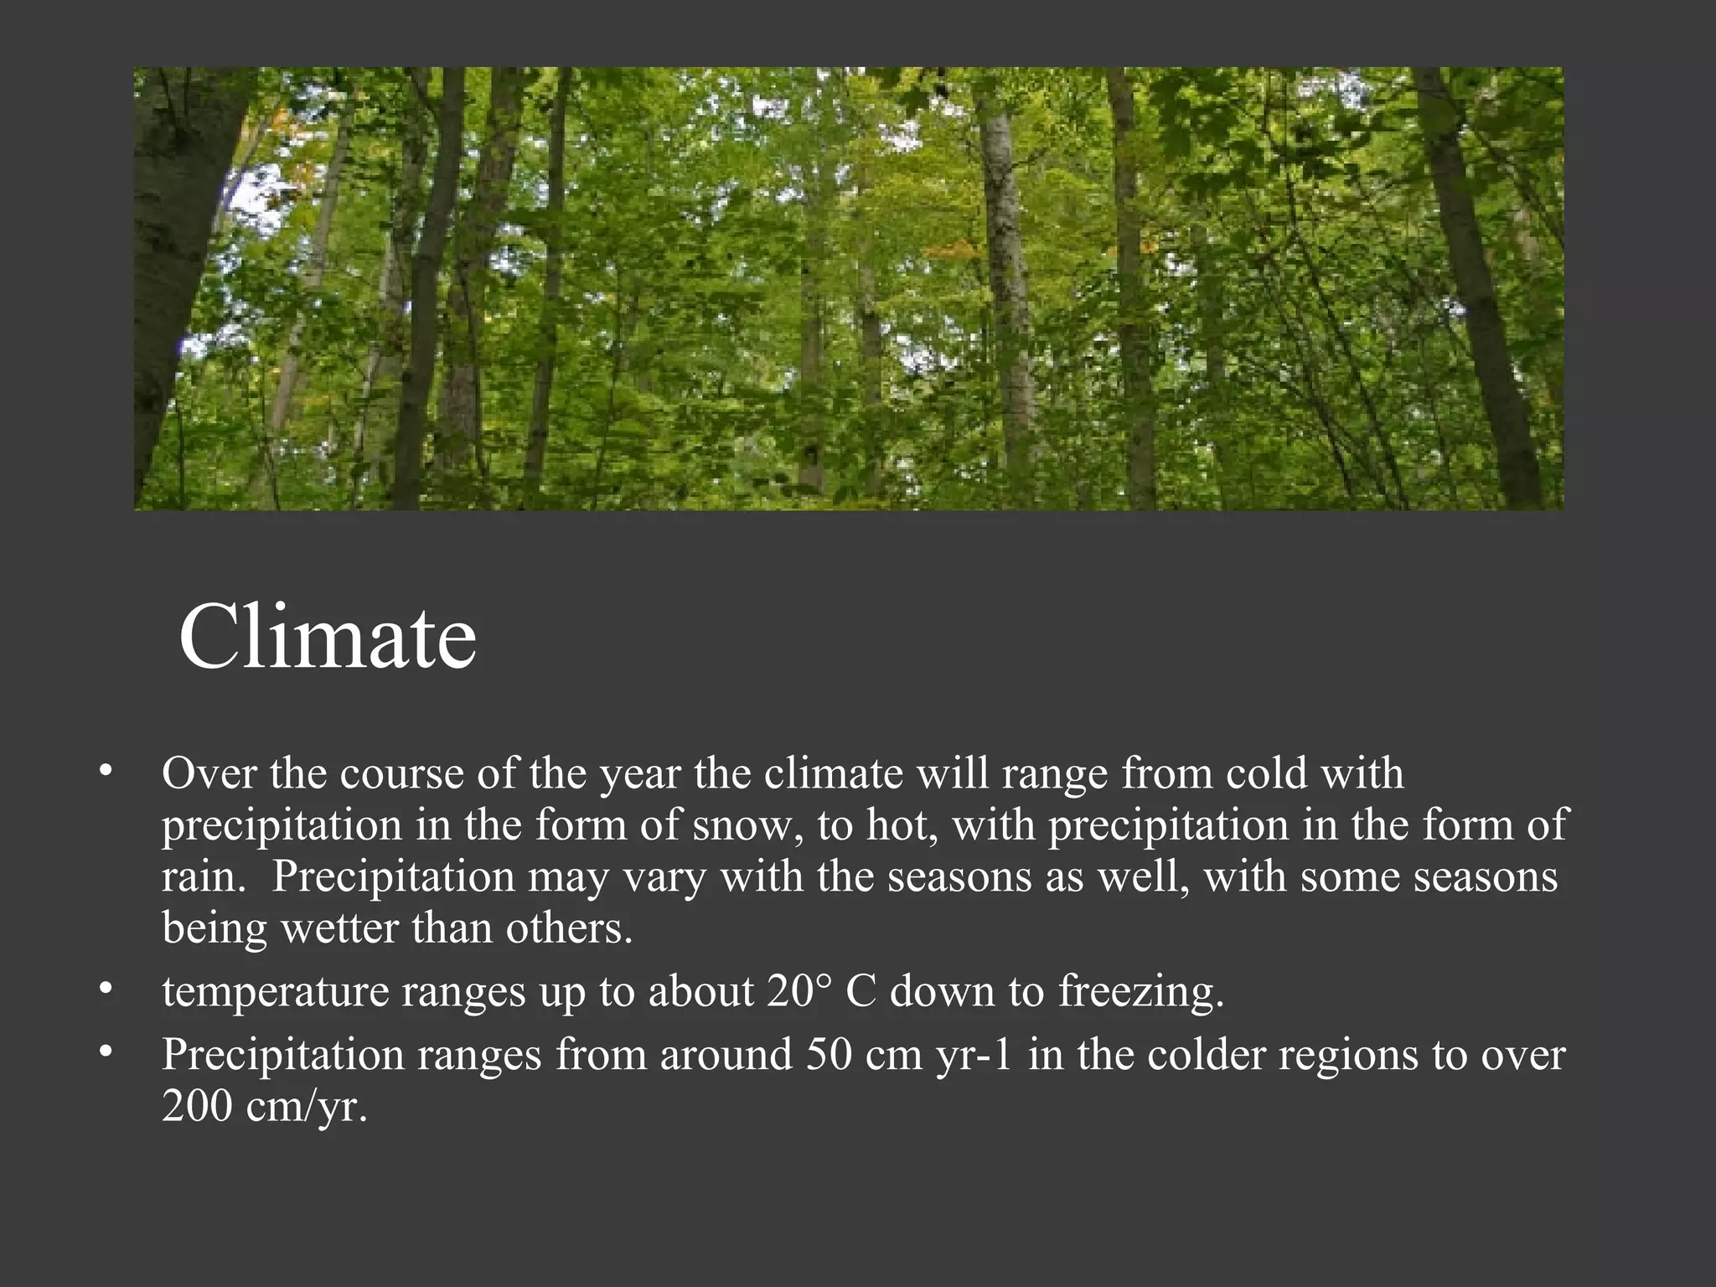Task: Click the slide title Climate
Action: [328, 637]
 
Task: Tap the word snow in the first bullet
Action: [741, 826]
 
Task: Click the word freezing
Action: [1140, 993]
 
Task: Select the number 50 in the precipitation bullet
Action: [830, 1054]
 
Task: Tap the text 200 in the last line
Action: [197, 1106]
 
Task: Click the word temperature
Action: [276, 993]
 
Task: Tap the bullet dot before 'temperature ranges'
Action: [105, 990]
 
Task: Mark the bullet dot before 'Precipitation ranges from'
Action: [105, 1052]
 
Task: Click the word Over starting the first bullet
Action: [209, 773]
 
